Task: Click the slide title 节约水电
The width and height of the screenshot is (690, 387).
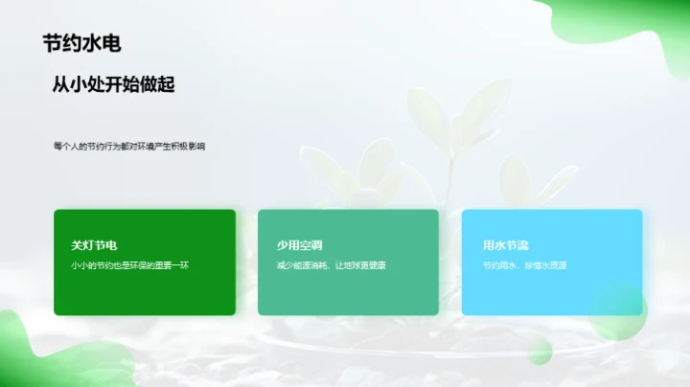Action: tap(81, 43)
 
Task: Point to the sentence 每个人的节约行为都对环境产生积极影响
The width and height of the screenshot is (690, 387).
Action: tap(128, 147)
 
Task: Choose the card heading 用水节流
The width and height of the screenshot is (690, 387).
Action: tap(506, 245)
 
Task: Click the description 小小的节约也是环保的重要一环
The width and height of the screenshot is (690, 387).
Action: tap(130, 264)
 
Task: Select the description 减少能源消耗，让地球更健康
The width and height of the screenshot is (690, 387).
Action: tap(331, 264)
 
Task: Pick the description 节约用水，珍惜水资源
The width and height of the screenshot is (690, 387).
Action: tap(524, 264)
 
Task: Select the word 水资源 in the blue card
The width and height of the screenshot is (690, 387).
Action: tap(553, 264)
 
